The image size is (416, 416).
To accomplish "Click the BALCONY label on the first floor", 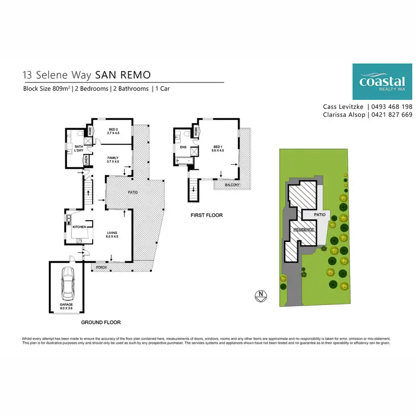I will [x=231, y=186].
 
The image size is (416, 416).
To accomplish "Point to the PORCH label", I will [x=100, y=267].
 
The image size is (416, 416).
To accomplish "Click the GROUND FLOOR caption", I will [x=100, y=322].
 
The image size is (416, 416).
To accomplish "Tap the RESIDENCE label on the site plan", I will [x=304, y=230].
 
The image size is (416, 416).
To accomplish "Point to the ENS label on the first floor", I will [x=182, y=148].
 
